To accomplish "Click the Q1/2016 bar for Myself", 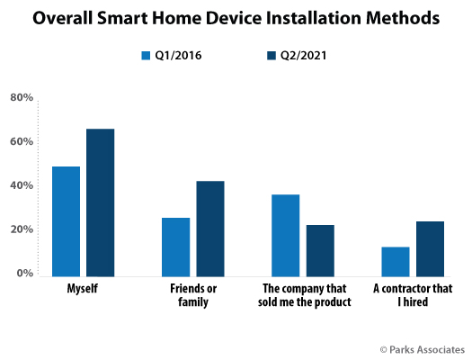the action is (66, 221).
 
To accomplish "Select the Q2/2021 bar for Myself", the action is (100, 202).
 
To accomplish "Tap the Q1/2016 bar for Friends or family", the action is (176, 247).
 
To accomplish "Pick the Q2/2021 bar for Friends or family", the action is (210, 229).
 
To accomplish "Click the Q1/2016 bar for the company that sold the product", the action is (286, 236).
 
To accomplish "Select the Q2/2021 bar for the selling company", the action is (320, 250).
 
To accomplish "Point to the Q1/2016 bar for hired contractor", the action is (396, 262).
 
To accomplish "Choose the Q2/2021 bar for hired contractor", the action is (430, 248).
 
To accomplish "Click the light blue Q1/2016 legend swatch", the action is (146, 56).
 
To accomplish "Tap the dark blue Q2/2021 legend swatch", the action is (272, 56).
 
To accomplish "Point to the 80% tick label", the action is (22, 97).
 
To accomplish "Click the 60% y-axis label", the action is (22, 141).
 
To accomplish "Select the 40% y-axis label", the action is (22, 185).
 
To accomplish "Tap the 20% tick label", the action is (22, 229).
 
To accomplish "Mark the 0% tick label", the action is (25, 274).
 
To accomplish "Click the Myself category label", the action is (83, 289).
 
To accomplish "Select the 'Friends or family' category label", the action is (193, 295).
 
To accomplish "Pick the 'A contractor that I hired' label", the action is (413, 295).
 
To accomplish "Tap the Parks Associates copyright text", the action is (423, 350).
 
